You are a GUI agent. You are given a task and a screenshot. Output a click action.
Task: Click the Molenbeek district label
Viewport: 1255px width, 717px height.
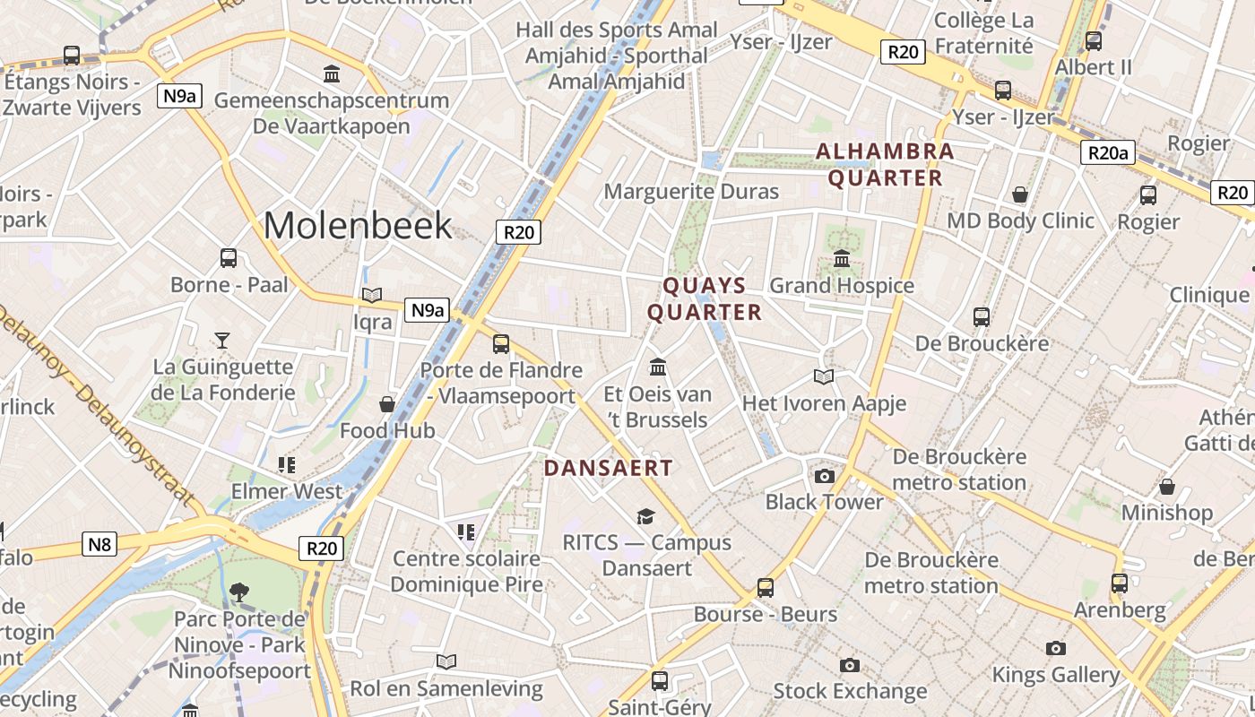tap(358, 225)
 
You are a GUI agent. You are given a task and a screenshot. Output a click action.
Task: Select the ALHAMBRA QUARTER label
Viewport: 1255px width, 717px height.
tap(885, 165)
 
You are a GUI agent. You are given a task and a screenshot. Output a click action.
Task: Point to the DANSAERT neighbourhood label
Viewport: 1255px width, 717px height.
tap(608, 468)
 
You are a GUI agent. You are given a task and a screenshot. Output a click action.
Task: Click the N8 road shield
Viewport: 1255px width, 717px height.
tap(100, 544)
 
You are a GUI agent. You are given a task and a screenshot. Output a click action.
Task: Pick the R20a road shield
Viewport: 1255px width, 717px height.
tap(1107, 153)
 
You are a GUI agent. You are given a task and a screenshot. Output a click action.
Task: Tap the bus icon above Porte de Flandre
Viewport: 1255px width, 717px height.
tap(501, 343)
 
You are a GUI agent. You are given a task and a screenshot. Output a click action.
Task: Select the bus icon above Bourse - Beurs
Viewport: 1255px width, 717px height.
tap(765, 588)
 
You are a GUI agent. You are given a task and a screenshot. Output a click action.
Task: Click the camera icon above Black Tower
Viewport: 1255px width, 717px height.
tap(824, 476)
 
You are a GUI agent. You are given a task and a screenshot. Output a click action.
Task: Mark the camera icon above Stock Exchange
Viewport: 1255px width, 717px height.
tap(849, 665)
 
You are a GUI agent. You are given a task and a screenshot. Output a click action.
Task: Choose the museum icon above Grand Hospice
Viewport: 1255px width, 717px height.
tap(842, 259)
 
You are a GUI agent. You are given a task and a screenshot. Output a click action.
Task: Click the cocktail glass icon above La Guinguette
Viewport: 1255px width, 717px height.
tap(222, 341)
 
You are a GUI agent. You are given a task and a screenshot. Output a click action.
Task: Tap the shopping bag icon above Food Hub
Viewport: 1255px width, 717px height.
tap(387, 404)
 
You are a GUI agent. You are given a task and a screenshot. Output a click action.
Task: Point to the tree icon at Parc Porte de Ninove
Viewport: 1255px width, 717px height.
tap(238, 592)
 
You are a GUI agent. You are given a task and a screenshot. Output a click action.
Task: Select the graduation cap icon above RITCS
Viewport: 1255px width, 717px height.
tap(645, 516)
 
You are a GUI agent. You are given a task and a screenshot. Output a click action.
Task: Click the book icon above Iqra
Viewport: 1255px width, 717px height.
tap(372, 295)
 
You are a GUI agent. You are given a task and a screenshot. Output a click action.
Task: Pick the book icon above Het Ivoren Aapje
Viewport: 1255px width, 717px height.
tap(824, 376)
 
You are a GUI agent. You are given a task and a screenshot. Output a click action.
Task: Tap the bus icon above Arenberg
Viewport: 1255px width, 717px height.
tap(1119, 583)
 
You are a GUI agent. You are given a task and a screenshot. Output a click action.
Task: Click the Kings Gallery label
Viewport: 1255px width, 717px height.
tap(1056, 675)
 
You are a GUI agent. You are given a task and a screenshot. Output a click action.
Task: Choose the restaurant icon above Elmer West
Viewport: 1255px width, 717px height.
tap(287, 464)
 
